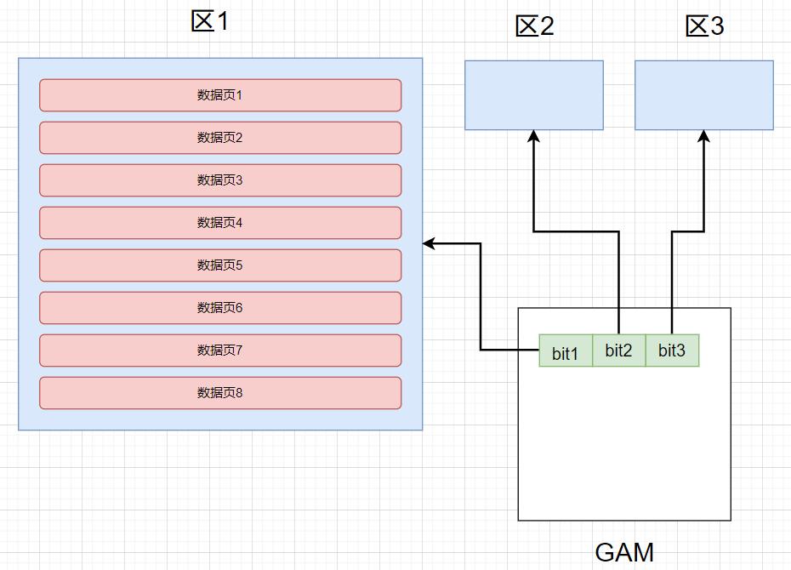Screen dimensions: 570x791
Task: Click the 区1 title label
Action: click(x=210, y=20)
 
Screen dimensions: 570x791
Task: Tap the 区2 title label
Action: click(x=534, y=26)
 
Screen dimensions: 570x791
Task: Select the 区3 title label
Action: click(x=704, y=26)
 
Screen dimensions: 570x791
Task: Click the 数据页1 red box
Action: click(x=220, y=95)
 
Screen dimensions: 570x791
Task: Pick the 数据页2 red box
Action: click(x=220, y=138)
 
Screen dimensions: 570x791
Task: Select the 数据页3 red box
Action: click(x=220, y=180)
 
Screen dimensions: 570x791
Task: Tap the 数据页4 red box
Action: click(x=220, y=223)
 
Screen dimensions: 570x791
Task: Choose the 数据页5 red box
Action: click(x=220, y=265)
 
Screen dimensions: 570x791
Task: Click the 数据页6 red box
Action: click(x=220, y=308)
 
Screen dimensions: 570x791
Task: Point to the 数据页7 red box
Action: click(x=220, y=351)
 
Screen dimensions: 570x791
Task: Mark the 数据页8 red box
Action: click(x=220, y=393)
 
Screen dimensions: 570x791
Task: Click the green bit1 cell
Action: click(x=566, y=351)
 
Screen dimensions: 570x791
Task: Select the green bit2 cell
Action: click(x=619, y=351)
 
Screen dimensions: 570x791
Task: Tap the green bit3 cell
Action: click(x=672, y=351)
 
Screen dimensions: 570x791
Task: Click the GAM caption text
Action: click(x=624, y=552)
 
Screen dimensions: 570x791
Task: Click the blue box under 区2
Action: click(x=534, y=94)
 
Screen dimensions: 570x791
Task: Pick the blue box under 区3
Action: click(x=704, y=94)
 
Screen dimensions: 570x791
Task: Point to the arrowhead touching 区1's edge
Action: click(x=430, y=244)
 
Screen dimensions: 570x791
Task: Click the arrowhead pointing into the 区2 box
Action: click(x=534, y=136)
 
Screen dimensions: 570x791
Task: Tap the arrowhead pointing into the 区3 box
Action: click(x=704, y=136)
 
